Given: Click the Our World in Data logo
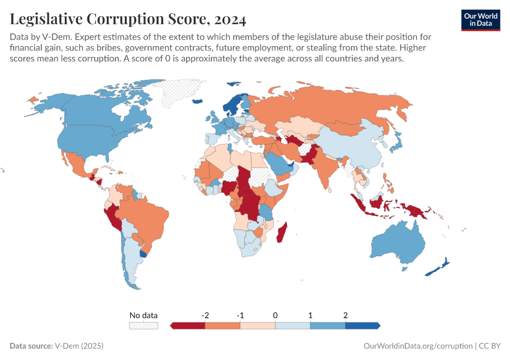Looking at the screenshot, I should pyautogui.click(x=481, y=19).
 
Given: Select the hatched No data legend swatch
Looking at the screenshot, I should pyautogui.click(x=143, y=325).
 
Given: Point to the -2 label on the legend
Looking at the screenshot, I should pyautogui.click(x=205, y=315).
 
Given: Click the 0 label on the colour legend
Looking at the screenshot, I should pyautogui.click(x=275, y=315).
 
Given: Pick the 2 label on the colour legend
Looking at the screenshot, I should pyautogui.click(x=345, y=315).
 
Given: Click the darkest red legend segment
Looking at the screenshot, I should pyautogui.click(x=188, y=325).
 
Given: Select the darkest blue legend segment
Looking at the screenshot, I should pyautogui.click(x=362, y=325).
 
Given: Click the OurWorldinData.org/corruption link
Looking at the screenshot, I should pyautogui.click(x=418, y=346).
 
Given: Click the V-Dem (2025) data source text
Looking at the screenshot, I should pyautogui.click(x=79, y=346).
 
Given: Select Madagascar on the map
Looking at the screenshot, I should pyautogui.click(x=281, y=232).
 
